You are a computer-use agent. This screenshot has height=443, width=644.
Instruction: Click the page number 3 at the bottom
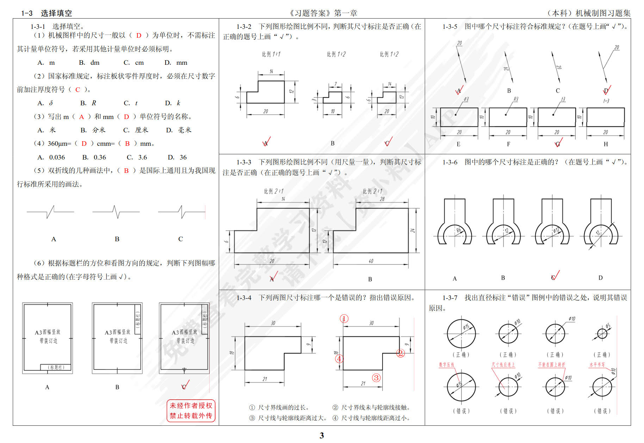[x=321, y=435]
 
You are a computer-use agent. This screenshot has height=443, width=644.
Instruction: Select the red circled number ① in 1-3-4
[x=344, y=319]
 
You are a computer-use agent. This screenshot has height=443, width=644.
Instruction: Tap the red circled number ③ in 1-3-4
[x=376, y=378]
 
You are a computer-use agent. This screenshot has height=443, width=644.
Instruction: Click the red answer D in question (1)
[x=139, y=35]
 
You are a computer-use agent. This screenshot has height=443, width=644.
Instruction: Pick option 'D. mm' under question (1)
[x=176, y=63]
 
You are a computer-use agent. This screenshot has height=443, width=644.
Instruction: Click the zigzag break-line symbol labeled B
[x=116, y=212]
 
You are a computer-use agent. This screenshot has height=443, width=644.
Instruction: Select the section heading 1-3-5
[x=450, y=26]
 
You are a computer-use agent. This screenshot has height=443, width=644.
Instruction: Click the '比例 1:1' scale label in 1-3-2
[x=271, y=54]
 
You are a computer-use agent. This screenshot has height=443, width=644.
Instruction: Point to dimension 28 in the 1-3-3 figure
[x=382, y=199]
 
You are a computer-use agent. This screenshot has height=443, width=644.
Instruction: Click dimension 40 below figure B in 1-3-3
[x=371, y=261]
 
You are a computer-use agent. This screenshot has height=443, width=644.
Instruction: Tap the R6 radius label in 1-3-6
[x=458, y=230]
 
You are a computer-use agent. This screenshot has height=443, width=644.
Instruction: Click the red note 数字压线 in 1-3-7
[x=446, y=365]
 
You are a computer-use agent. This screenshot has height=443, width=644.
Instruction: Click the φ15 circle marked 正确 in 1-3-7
[x=461, y=333]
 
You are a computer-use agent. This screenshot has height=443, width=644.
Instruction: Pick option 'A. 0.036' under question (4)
[x=51, y=157]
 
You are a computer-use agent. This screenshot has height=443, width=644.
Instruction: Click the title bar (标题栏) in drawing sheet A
[x=56, y=367]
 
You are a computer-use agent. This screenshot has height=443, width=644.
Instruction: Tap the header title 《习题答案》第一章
[x=323, y=13]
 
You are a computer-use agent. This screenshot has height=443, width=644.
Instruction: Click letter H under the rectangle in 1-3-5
[x=606, y=144]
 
